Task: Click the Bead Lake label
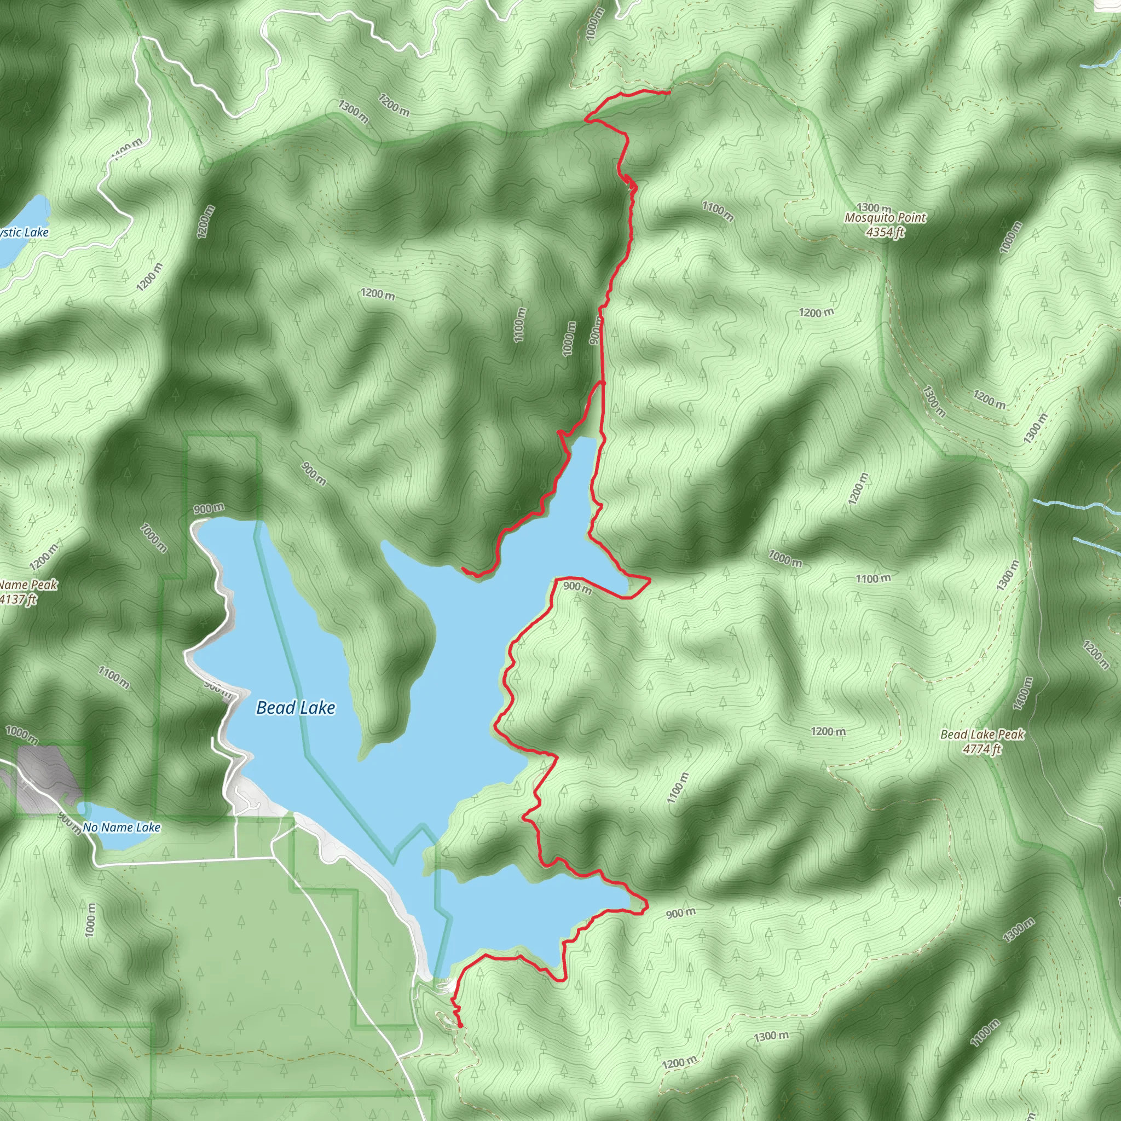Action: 296,708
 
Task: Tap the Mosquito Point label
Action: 886,218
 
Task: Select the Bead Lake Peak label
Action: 982,735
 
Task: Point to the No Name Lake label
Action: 122,828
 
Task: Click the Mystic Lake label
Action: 25,233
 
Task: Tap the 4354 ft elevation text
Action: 886,232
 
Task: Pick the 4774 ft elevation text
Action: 982,749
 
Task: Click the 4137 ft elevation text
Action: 19,599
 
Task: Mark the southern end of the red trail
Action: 461,1026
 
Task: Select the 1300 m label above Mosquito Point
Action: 874,207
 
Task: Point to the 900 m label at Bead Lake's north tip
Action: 209,509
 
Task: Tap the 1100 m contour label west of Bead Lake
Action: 114,677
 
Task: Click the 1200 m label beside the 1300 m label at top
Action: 394,105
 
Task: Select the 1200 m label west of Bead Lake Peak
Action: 828,732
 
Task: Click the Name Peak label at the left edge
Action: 28,585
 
